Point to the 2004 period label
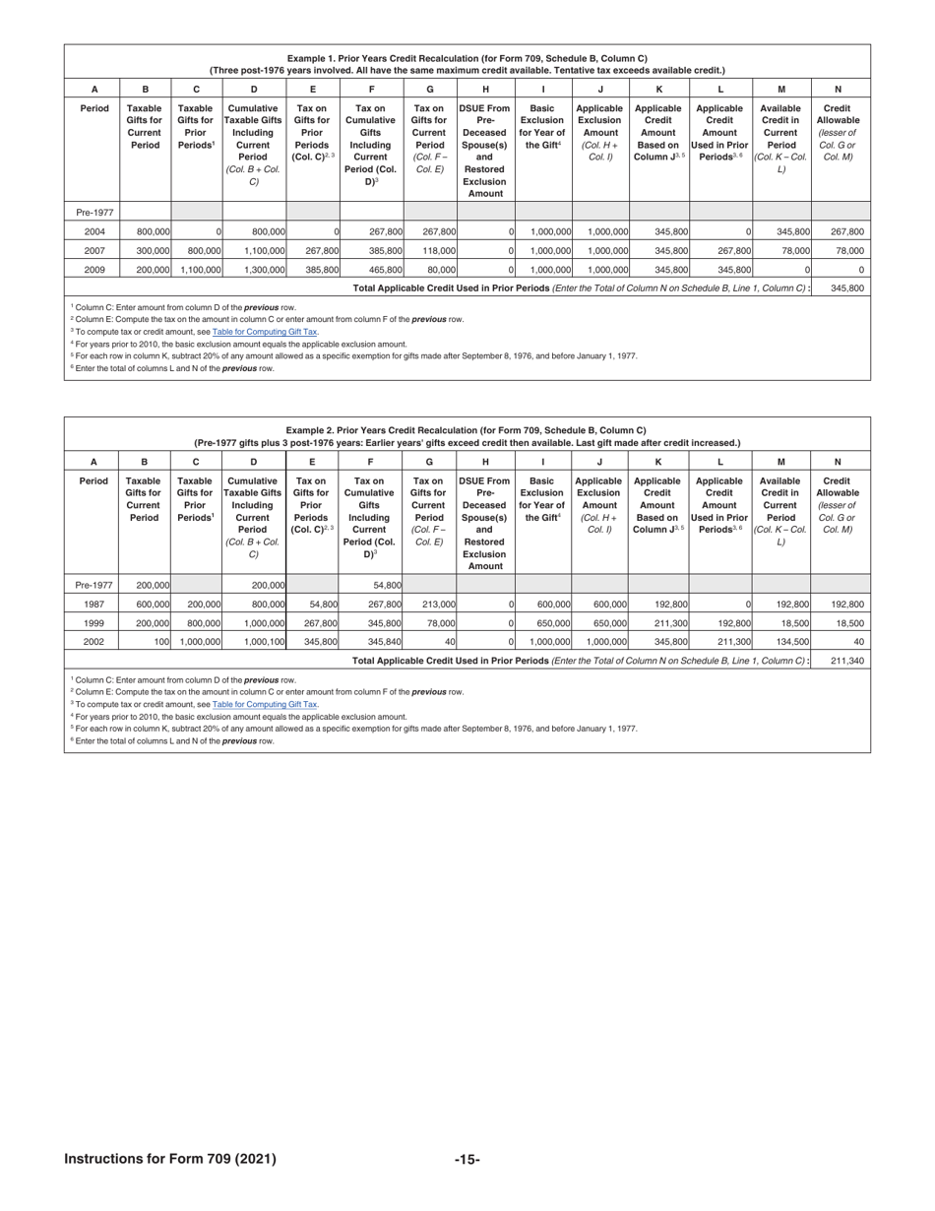point(93,231)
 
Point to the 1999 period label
point(93,622)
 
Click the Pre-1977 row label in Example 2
point(93,585)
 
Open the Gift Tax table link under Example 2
point(265,705)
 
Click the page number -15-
point(467,1159)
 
